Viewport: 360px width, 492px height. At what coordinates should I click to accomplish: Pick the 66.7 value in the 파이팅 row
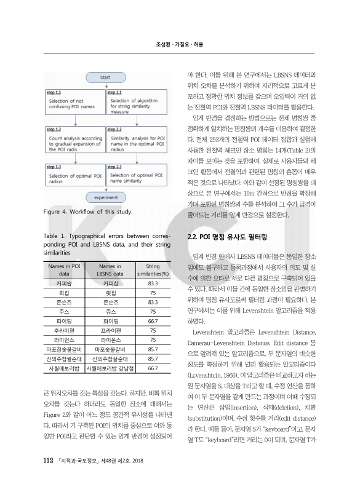point(154,320)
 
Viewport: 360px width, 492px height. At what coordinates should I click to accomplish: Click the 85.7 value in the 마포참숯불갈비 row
point(154,349)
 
